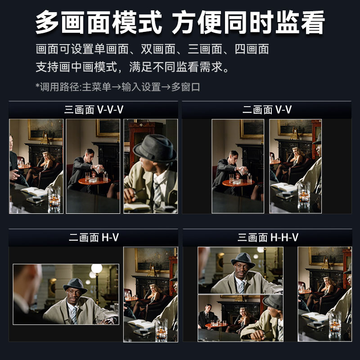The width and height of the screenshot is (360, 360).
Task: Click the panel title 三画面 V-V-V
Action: [x=94, y=109]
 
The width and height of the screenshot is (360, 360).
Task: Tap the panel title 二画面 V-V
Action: [x=267, y=109]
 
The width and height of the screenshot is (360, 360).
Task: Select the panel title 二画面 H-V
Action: [x=94, y=238]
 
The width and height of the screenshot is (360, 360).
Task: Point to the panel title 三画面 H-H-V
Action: [x=268, y=238]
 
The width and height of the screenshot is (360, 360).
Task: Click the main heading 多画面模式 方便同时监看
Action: [x=180, y=22]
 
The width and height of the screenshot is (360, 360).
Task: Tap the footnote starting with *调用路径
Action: [x=118, y=87]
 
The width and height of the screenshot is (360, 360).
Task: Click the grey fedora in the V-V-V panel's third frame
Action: [x=155, y=148]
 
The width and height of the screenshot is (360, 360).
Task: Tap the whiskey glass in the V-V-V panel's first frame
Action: [x=54, y=199]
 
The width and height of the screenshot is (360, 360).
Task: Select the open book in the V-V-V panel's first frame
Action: [x=34, y=192]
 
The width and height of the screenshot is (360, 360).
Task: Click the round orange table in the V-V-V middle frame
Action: [x=94, y=181]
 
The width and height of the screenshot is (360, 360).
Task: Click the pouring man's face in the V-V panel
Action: [x=234, y=157]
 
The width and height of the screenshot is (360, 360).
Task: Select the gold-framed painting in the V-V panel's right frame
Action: [x=295, y=128]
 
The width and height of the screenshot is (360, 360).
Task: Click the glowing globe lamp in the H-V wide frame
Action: [x=96, y=269]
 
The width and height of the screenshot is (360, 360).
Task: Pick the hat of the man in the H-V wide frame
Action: [x=75, y=285]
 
